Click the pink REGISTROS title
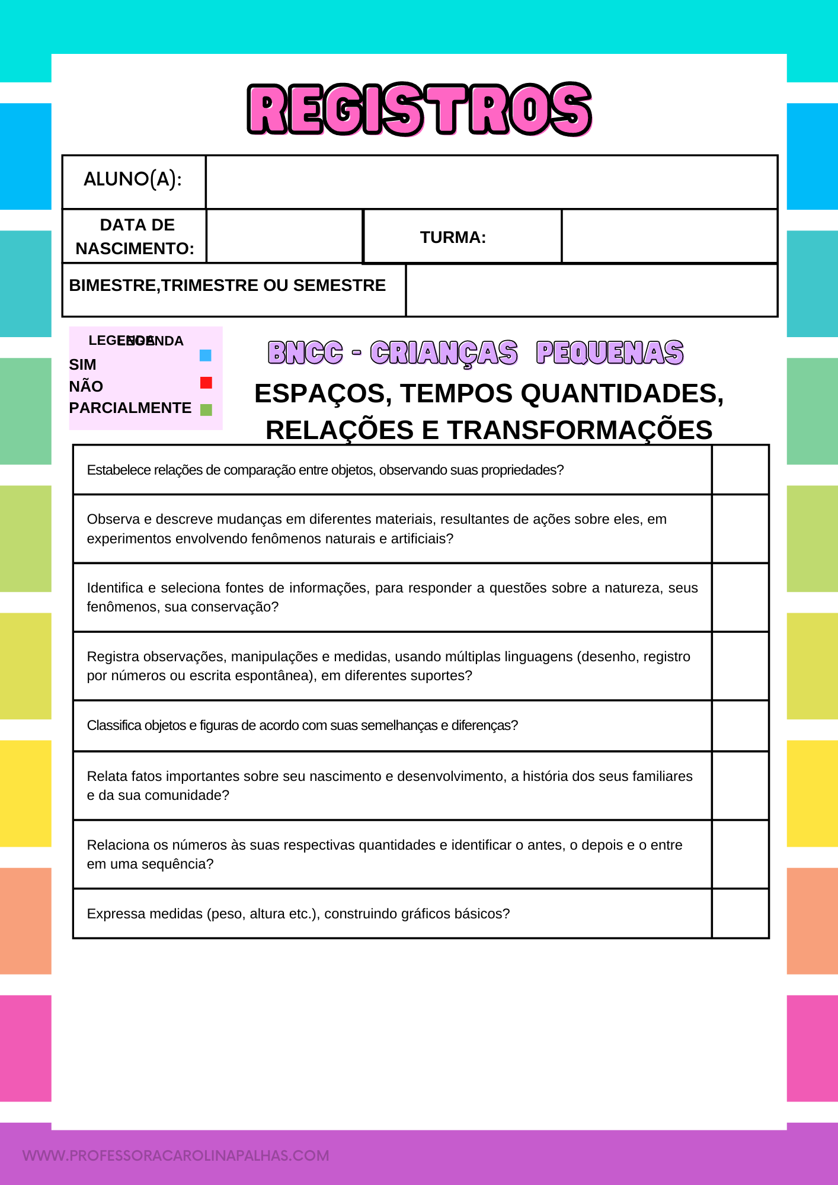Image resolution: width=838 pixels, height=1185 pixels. [x=419, y=109]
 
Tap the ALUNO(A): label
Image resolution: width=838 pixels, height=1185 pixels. [x=133, y=179]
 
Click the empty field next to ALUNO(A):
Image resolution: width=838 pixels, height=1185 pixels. [x=491, y=182]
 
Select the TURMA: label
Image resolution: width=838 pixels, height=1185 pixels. [x=453, y=237]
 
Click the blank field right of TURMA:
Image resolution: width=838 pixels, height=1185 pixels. [x=669, y=236]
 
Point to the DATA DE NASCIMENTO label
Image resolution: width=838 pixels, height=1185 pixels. [x=135, y=236]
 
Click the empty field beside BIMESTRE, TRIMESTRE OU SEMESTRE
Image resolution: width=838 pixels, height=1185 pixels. [x=591, y=290]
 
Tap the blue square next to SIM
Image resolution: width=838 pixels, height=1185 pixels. [x=206, y=355]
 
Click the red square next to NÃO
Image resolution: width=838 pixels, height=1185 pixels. [x=206, y=383]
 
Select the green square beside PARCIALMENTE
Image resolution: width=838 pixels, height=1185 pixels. [x=206, y=410]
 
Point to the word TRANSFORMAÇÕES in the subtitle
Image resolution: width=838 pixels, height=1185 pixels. [x=580, y=430]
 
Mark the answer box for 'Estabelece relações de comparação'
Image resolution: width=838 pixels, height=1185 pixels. [x=740, y=470]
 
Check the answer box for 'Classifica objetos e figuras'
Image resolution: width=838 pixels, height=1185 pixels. [x=740, y=726]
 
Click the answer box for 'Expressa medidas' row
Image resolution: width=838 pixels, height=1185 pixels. [x=740, y=914]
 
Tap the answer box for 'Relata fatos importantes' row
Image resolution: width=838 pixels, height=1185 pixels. [x=740, y=786]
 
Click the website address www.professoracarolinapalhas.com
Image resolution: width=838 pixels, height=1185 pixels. [x=176, y=1155]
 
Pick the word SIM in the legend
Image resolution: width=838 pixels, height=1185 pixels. [x=82, y=364]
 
